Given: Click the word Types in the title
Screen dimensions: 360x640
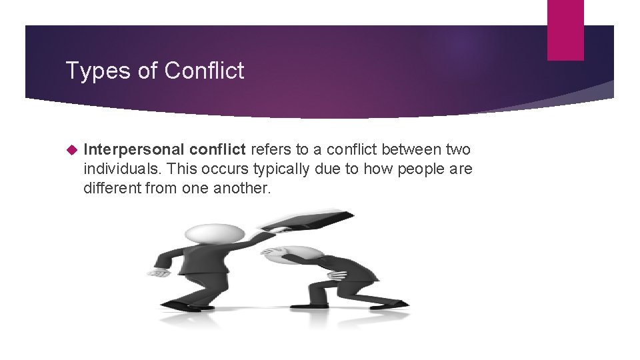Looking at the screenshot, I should point(89,71).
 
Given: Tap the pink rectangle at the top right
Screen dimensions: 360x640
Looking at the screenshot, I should point(565,29).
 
